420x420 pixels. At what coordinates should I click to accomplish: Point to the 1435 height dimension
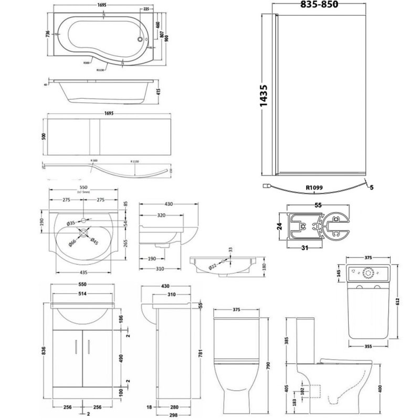266,96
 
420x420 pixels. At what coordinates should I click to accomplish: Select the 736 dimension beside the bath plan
48,34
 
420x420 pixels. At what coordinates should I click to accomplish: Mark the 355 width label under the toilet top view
368,346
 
